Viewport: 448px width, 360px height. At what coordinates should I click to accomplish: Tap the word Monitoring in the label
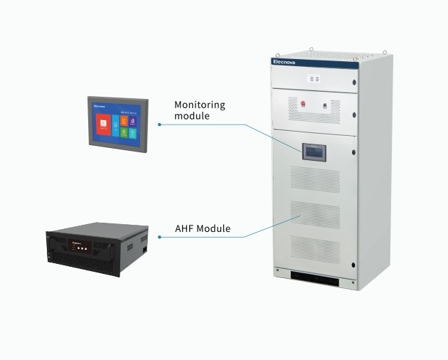(199, 105)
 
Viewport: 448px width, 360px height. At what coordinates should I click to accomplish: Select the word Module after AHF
(220, 230)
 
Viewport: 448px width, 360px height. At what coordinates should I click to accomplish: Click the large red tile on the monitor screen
(104, 124)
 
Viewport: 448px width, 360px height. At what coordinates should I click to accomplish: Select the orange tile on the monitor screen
(124, 121)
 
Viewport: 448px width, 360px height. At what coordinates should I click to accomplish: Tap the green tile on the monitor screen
(124, 133)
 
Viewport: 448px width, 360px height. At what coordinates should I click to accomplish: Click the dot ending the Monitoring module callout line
(159, 125)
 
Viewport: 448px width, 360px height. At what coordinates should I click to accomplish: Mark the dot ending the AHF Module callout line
(159, 235)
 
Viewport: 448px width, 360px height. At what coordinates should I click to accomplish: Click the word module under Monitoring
(192, 116)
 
